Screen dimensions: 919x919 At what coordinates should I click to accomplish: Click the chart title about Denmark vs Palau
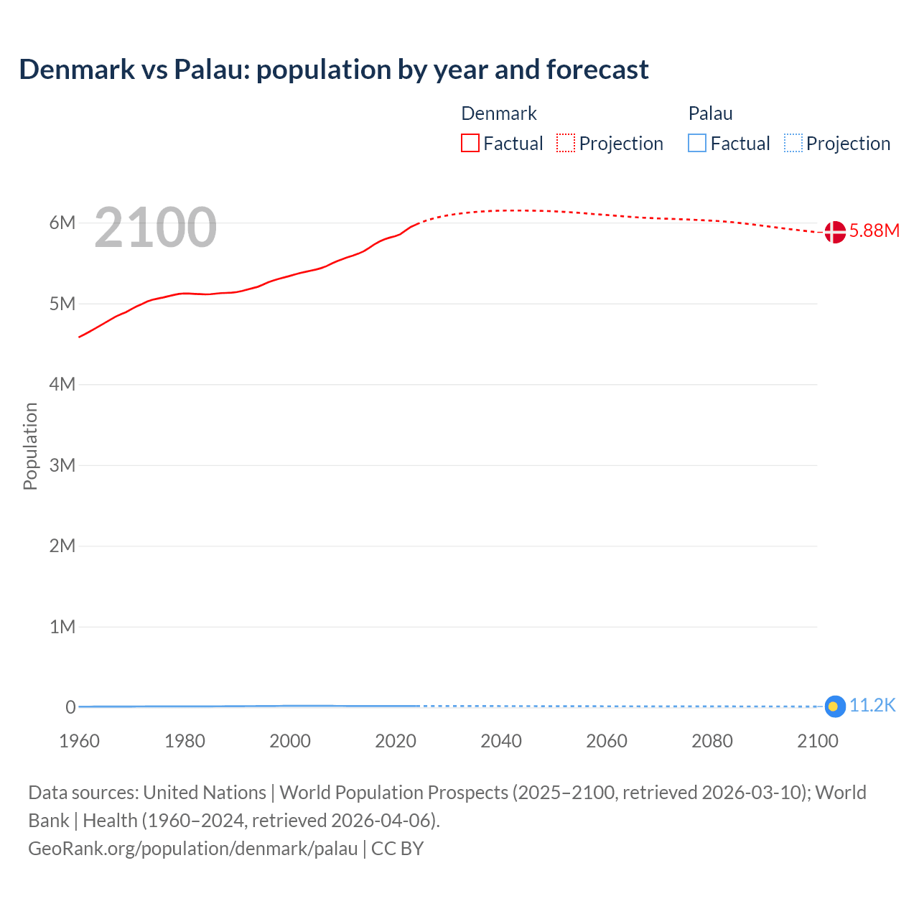334,70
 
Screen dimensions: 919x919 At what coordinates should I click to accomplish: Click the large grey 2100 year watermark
155,228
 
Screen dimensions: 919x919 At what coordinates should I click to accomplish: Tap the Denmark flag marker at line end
834,232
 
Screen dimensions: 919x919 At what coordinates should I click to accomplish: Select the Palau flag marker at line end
834,706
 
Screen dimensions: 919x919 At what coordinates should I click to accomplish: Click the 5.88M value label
874,230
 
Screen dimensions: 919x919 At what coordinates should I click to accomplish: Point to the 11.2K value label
872,706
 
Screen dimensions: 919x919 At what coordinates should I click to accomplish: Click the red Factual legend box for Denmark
470,144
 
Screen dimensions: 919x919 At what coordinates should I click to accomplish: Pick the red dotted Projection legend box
566,144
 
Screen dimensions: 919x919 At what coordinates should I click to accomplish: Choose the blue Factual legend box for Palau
696,144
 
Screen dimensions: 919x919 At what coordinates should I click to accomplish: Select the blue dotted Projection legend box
793,144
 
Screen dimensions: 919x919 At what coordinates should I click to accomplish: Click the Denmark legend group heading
498,113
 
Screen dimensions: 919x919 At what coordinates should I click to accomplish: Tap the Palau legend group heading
710,113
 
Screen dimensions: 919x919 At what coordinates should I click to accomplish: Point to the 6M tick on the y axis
62,223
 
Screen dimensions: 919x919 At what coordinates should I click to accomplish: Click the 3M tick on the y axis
62,465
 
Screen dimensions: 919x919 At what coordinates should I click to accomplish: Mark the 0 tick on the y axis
70,707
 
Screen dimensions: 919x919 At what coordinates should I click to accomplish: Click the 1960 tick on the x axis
79,741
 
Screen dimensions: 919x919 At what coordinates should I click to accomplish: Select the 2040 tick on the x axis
501,741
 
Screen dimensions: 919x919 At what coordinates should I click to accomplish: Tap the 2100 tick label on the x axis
817,741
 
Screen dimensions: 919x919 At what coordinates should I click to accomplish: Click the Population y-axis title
30,446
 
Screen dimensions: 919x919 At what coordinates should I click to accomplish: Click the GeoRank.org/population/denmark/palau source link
192,849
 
